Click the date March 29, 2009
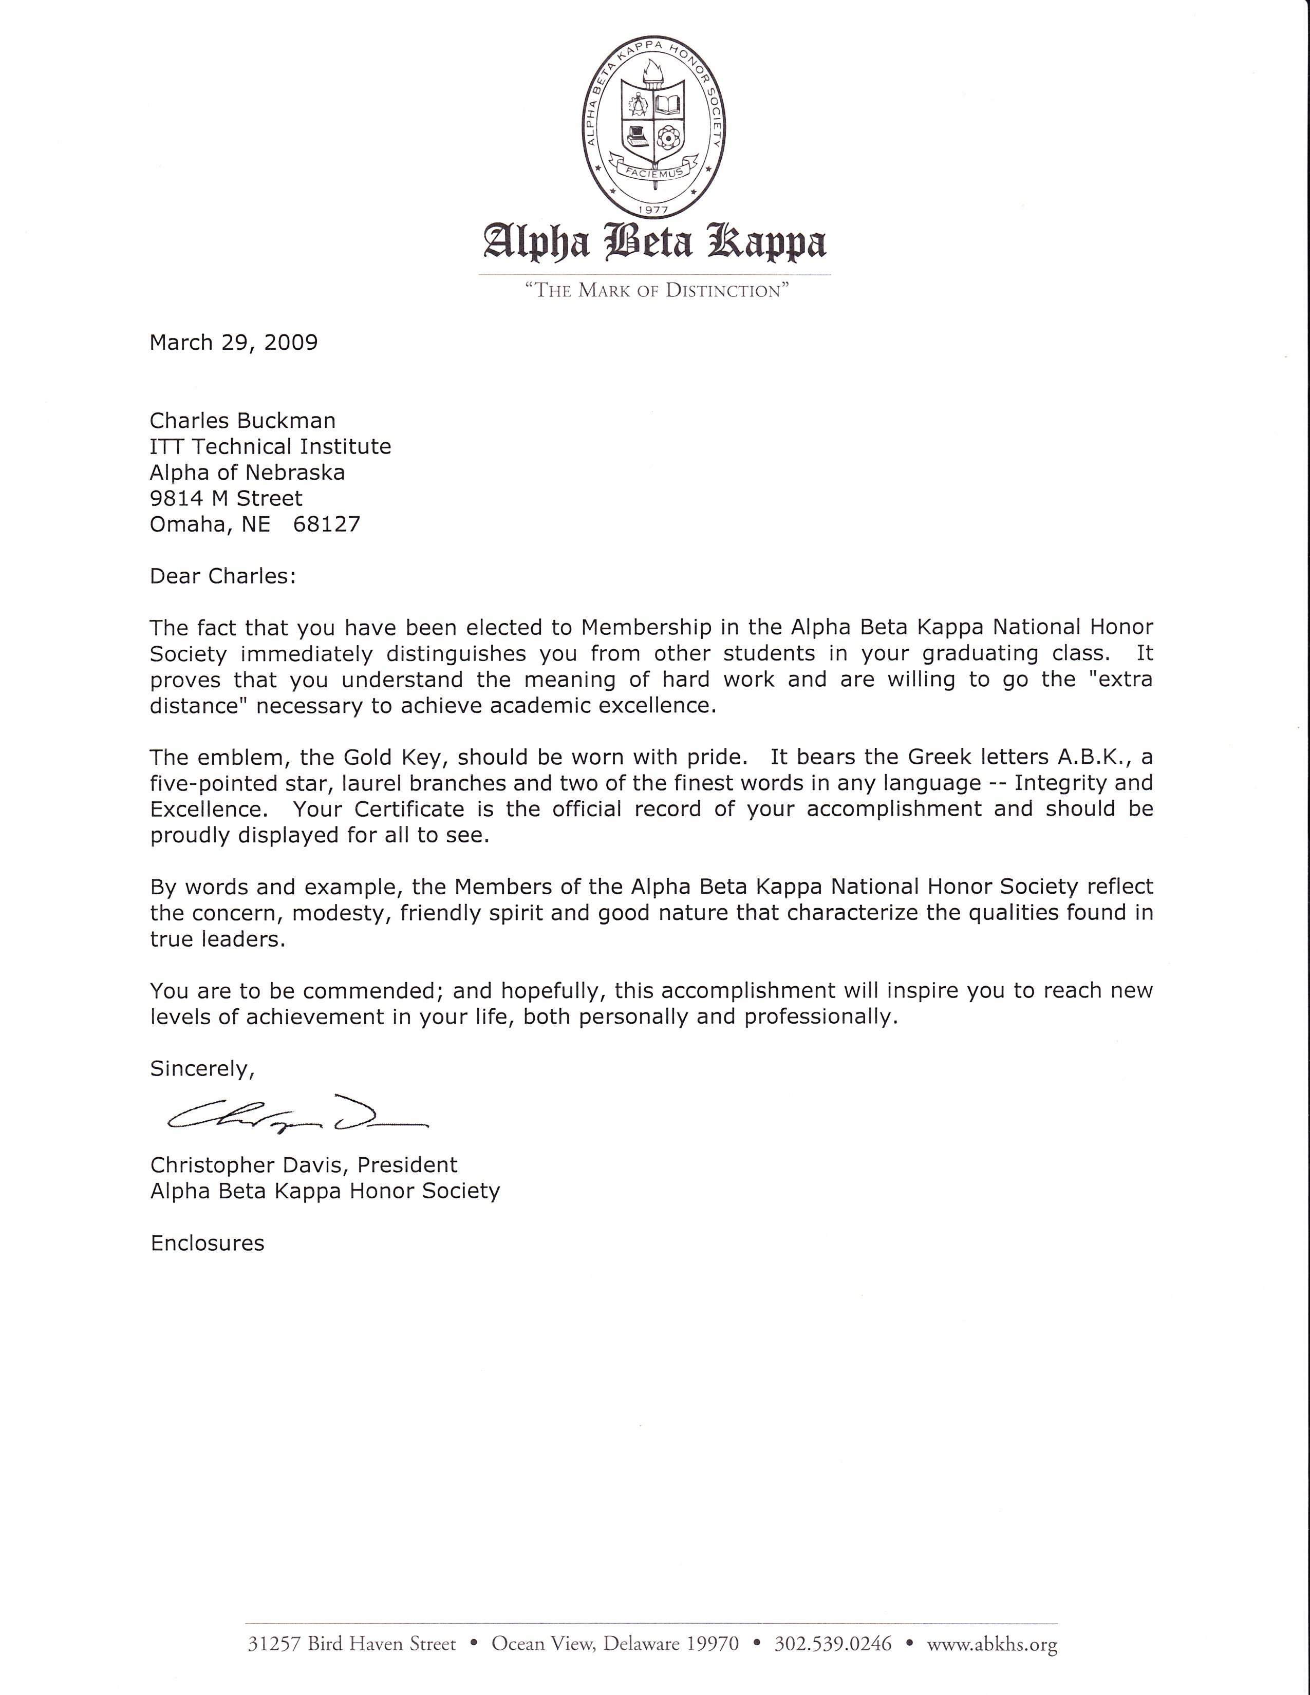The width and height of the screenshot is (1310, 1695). pos(234,342)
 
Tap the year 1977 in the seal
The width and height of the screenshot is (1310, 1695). pos(654,209)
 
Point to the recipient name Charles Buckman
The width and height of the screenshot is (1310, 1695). pos(242,421)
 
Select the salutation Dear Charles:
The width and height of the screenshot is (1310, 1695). pos(223,576)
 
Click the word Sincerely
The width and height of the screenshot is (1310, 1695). pos(202,1069)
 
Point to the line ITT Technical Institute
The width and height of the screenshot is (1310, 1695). pos(270,446)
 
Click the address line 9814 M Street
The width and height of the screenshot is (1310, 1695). pos(226,498)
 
